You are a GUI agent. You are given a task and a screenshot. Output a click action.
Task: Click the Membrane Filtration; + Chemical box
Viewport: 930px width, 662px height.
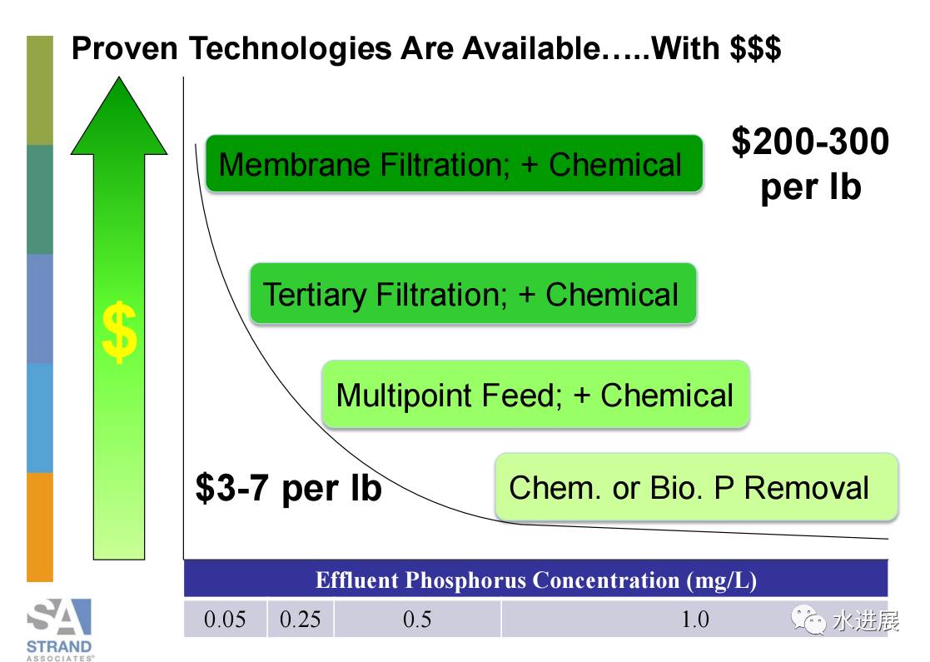coord(455,163)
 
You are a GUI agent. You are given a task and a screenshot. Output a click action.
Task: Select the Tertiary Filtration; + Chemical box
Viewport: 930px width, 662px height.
coord(473,293)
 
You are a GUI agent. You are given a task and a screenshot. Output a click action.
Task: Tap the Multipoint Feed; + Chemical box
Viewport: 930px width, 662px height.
coord(535,394)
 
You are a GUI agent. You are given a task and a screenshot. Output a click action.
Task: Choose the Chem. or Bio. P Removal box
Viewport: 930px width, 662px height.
coord(696,487)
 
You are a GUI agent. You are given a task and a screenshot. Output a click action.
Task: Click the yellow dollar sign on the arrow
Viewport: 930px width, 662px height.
coord(119,331)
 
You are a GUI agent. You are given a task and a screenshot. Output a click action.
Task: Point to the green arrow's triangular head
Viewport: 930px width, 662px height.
coord(119,116)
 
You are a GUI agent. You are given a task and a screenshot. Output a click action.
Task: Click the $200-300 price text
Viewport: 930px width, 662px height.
coord(810,142)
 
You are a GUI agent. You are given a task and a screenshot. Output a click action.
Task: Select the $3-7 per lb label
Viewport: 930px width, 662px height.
coord(288,488)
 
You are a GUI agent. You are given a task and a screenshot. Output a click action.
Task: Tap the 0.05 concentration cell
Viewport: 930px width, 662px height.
coord(225,620)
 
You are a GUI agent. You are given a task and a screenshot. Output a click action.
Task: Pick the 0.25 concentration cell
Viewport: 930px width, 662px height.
coord(300,620)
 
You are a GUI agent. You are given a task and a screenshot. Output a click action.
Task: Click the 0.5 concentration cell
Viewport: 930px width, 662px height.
coord(417,620)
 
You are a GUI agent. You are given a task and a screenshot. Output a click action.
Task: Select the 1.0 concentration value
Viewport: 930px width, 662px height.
coord(695,620)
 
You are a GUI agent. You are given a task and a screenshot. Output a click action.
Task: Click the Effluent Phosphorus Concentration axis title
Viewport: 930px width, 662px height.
coord(536,580)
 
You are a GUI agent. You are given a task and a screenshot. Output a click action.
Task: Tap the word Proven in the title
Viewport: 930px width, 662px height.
coord(125,48)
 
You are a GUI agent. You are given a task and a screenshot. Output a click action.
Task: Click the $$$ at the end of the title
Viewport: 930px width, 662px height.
coord(755,48)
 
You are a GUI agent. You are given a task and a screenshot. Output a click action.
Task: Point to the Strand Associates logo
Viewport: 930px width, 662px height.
coord(59,630)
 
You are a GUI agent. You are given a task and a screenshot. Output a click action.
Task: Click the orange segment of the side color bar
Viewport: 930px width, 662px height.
coord(40,527)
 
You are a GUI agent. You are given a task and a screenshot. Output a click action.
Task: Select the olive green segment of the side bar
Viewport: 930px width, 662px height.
coord(40,90)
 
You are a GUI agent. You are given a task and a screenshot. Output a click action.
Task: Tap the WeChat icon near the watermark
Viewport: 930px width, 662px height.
coord(808,620)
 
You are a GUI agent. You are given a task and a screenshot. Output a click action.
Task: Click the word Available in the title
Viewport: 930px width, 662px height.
coord(531,48)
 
